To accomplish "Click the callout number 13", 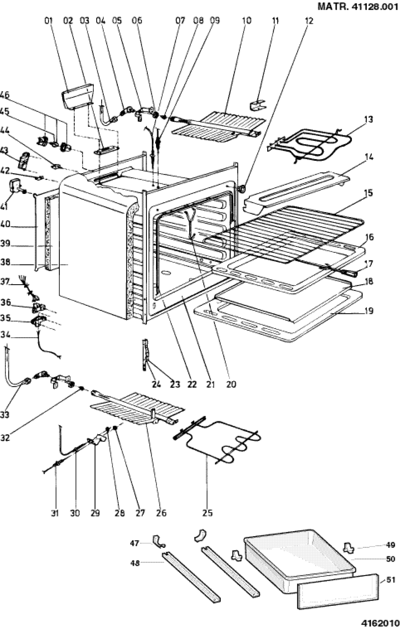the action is coord(368,119).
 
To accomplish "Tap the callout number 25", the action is coord(208,513).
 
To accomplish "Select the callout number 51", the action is coord(391,580).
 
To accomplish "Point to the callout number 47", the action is coord(135,543).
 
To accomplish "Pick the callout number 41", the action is coord(4,207).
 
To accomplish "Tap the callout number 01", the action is coord(48,21).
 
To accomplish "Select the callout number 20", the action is coord(231,384).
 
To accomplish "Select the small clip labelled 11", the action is coord(258,105).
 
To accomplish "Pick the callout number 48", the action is coord(135,564).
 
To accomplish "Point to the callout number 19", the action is coord(369,311).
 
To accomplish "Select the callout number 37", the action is coord(4,282).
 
